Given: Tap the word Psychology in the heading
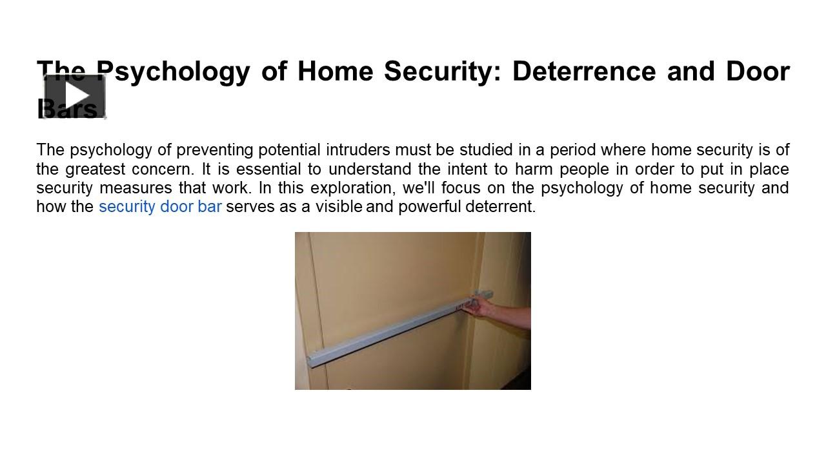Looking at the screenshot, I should [x=172, y=72].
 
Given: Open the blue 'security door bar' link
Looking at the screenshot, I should [x=160, y=207].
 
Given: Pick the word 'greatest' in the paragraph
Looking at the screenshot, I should [x=95, y=169].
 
